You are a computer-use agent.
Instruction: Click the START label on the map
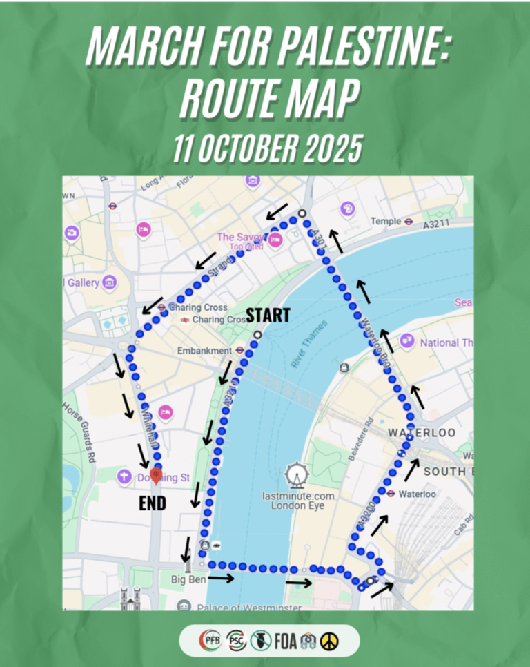pyautogui.click(x=268, y=315)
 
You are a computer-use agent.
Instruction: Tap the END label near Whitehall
pyautogui.click(x=153, y=503)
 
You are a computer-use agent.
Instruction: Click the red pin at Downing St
pyautogui.click(x=157, y=474)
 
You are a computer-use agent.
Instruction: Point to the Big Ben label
pyautogui.click(x=188, y=579)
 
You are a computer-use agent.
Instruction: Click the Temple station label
pyautogui.click(x=385, y=221)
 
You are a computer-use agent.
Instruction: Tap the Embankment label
pyautogui.click(x=204, y=351)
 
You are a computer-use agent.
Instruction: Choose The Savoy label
pyautogui.click(x=237, y=237)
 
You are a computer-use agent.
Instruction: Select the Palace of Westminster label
pyautogui.click(x=248, y=608)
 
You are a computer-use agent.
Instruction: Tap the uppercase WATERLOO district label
pyautogui.click(x=421, y=432)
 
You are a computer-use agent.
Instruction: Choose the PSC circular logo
pyautogui.click(x=235, y=641)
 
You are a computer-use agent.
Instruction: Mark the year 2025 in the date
pyautogui.click(x=328, y=148)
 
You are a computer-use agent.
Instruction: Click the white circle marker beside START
pyautogui.click(x=257, y=335)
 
